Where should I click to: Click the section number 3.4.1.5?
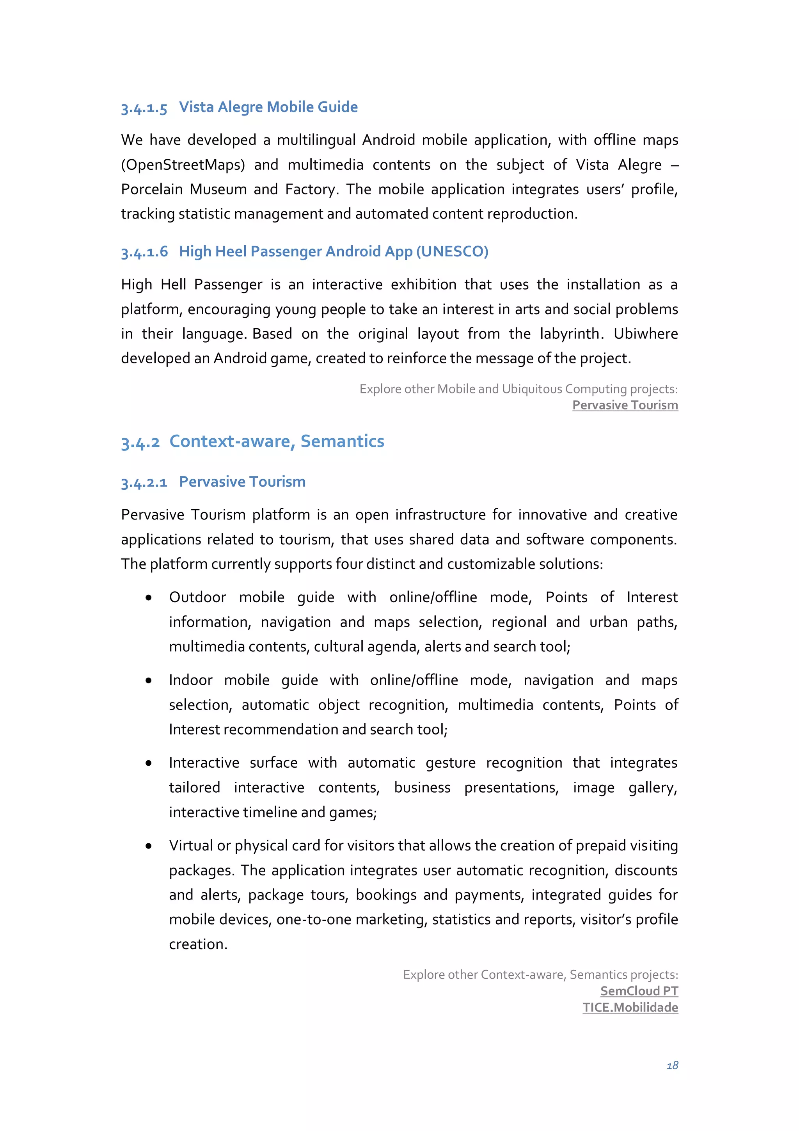click(144, 108)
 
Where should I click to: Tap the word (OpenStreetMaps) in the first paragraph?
click(183, 165)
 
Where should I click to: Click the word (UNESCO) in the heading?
click(452, 251)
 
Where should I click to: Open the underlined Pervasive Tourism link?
click(625, 405)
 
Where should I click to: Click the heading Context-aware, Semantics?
click(277, 441)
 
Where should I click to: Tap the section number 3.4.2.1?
click(144, 482)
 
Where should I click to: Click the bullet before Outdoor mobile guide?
click(149, 598)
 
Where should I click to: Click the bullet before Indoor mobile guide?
click(149, 681)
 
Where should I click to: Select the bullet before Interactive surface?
click(149, 763)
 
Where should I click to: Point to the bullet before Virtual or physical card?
click(149, 846)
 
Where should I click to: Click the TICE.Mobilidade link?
click(630, 1007)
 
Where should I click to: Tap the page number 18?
click(672, 1065)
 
